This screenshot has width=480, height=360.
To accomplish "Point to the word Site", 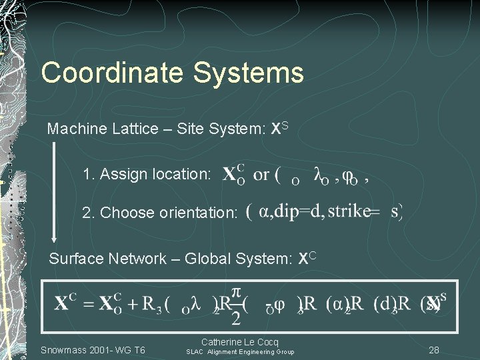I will coord(190,129).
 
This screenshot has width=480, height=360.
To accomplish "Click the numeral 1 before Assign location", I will coord(86,175).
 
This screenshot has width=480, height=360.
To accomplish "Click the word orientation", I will coord(198,213).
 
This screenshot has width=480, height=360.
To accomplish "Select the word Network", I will coord(137,259).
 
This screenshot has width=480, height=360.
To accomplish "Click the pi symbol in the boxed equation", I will coord(236,294).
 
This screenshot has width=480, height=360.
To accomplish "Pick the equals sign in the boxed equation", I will coord(87,304).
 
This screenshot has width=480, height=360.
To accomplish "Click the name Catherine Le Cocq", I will coord(239,342).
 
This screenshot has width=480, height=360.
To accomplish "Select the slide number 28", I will coord(434,350).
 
